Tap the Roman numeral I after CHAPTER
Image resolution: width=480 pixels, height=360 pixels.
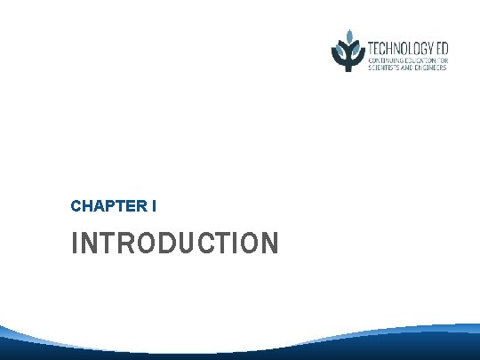155,206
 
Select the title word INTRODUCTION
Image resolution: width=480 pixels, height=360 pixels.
175,243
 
